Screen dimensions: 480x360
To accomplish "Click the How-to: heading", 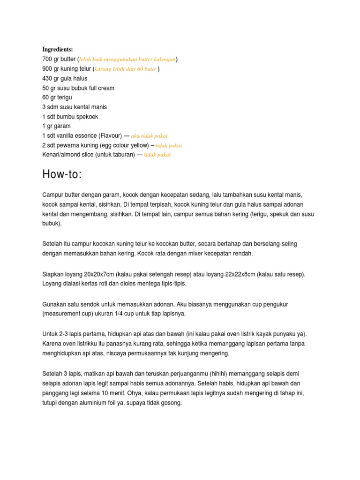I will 62,174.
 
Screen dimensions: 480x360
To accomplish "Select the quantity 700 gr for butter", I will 51,59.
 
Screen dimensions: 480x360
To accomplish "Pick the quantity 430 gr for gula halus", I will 51,78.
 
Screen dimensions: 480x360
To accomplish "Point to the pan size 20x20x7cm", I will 90,274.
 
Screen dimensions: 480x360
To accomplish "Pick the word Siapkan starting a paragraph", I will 53,274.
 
